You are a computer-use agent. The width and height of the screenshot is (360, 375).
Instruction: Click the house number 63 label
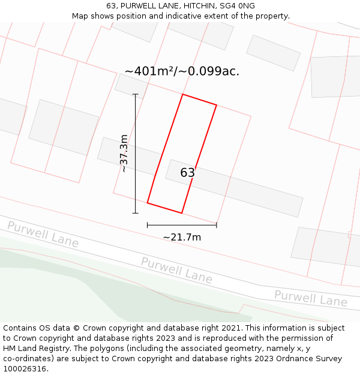coord(188,173)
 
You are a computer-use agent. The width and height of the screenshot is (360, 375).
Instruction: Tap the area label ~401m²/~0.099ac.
coord(182,71)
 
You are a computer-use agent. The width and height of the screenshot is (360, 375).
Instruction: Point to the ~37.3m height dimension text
coord(124,154)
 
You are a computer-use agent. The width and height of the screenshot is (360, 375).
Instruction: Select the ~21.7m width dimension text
coord(182,237)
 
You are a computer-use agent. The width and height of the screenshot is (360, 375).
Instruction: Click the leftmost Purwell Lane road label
coord(43,233)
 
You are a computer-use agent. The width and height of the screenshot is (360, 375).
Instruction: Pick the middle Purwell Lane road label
coord(176,270)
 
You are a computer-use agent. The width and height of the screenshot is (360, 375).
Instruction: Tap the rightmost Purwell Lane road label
coord(311,298)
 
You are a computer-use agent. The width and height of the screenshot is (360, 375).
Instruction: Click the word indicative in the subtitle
coord(200,16)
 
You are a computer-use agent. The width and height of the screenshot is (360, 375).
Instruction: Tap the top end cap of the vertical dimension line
coord(136,94)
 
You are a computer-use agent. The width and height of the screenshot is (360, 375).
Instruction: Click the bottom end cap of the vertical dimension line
coord(136,212)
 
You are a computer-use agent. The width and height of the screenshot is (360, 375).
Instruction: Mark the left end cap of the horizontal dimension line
coord(148,225)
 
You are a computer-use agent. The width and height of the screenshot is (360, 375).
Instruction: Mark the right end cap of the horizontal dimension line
coord(217,225)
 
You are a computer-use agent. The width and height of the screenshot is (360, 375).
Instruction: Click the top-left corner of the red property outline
coord(182,94)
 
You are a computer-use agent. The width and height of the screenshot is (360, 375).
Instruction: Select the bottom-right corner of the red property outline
coord(181,212)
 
